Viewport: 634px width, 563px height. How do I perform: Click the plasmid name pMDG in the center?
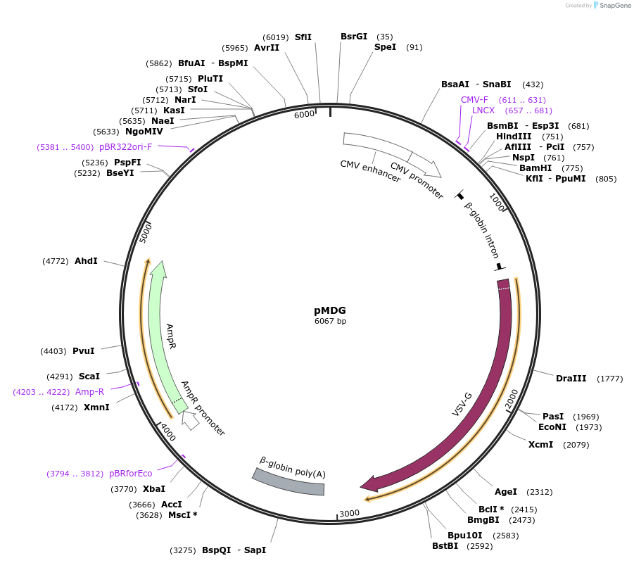click(330, 310)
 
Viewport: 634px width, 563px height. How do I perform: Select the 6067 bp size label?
click(330, 322)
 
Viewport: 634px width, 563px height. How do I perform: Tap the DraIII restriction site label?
click(571, 379)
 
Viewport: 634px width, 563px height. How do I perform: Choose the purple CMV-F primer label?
click(474, 100)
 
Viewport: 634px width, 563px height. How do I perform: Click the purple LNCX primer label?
click(483, 111)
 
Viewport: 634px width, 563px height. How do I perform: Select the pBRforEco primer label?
click(130, 474)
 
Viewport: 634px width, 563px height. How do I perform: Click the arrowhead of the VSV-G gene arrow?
click(368, 483)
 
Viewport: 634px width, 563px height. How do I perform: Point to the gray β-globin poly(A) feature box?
click(289, 479)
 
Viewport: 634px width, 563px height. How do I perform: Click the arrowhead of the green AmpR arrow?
click(158, 268)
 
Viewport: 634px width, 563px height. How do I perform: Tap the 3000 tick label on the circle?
click(350, 513)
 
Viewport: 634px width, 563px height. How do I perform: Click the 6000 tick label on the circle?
click(304, 115)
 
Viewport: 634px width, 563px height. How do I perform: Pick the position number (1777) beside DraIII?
click(610, 379)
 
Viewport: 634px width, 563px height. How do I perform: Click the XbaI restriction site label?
click(154, 488)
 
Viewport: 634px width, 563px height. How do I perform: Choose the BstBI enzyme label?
click(445, 545)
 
